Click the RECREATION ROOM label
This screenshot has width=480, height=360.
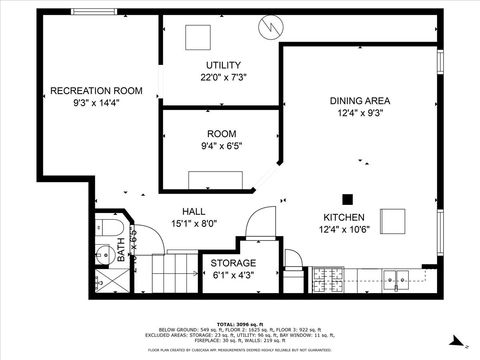[95, 91]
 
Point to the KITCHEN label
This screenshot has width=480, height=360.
[343, 217]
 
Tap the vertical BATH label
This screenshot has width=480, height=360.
[122, 246]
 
